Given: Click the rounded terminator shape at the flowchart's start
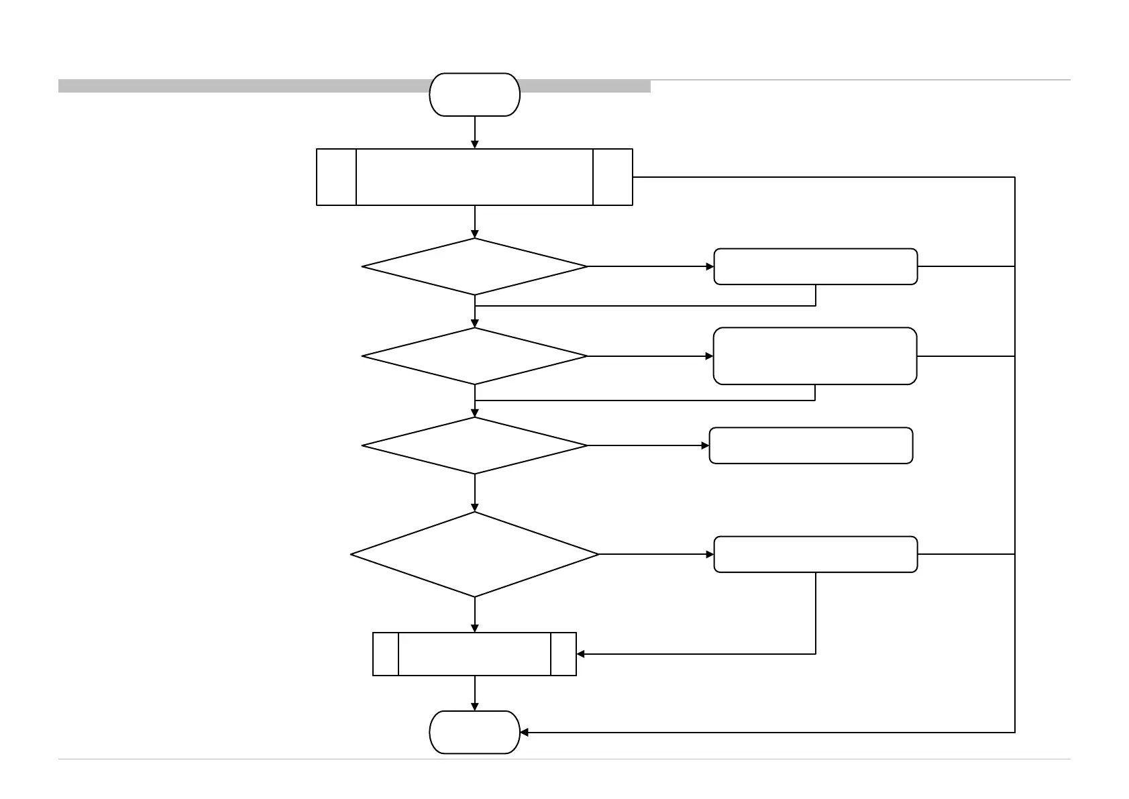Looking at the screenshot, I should tap(474, 95).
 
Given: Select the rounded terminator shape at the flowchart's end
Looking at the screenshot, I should tap(474, 732).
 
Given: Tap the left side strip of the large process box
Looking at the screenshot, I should tap(336, 177).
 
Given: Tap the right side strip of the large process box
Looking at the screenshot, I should tap(612, 177).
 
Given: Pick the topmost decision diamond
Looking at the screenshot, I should tap(474, 266).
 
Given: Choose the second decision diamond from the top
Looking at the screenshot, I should tap(474, 356).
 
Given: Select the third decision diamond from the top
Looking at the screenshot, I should tap(474, 445).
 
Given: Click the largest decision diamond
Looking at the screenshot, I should tap(474, 554).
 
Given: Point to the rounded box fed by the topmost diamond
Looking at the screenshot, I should tap(815, 266).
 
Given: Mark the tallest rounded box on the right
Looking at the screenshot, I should tap(814, 356).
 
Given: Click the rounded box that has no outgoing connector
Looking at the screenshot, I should tap(810, 445).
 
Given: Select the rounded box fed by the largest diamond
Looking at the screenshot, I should tap(815, 554).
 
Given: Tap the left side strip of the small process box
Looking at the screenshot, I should tap(386, 653).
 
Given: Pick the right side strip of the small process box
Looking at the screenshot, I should tap(563, 653).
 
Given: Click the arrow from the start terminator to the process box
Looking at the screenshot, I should tap(475, 132).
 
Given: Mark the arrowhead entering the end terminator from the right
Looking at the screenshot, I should tap(525, 732).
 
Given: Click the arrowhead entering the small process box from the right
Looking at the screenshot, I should tap(581, 653).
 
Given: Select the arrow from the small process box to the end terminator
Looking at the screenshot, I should tap(475, 693).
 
